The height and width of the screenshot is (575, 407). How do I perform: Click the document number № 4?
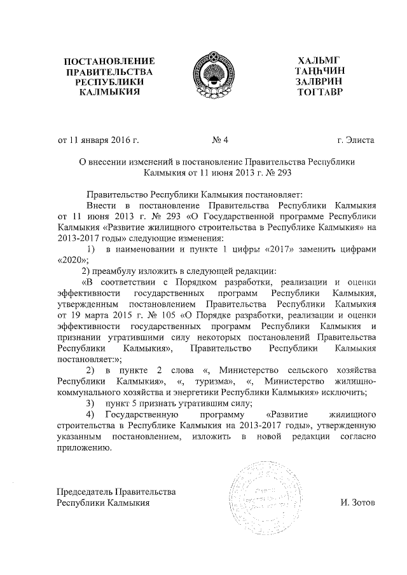pyautogui.click(x=217, y=139)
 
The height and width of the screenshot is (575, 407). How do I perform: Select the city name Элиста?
pyautogui.click(x=361, y=139)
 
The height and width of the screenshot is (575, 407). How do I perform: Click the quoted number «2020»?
pyautogui.click(x=71, y=259)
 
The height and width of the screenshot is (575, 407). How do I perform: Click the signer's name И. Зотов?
pyautogui.click(x=358, y=503)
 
